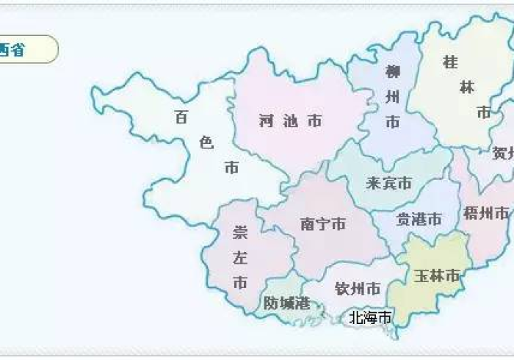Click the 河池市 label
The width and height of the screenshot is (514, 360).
click(290, 121)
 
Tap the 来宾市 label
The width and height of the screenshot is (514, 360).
click(388, 183)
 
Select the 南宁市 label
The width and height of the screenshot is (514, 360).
click(322, 224)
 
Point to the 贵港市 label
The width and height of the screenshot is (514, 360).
click(419, 219)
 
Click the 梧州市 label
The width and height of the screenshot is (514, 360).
click(485, 214)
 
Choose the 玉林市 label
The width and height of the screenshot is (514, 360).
click(436, 276)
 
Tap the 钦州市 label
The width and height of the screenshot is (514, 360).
click(357, 288)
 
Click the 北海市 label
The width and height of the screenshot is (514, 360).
click(369, 317)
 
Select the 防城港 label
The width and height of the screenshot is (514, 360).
click(286, 302)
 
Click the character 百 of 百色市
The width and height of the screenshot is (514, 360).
click(181, 117)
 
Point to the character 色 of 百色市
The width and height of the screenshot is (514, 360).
click(206, 143)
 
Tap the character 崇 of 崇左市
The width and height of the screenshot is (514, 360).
click(239, 232)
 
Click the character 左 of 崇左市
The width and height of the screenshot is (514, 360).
click(239, 257)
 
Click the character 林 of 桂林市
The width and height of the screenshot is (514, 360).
click(467, 87)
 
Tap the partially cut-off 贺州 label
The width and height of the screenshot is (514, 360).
click(503, 154)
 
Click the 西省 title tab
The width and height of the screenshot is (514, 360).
click(22, 50)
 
